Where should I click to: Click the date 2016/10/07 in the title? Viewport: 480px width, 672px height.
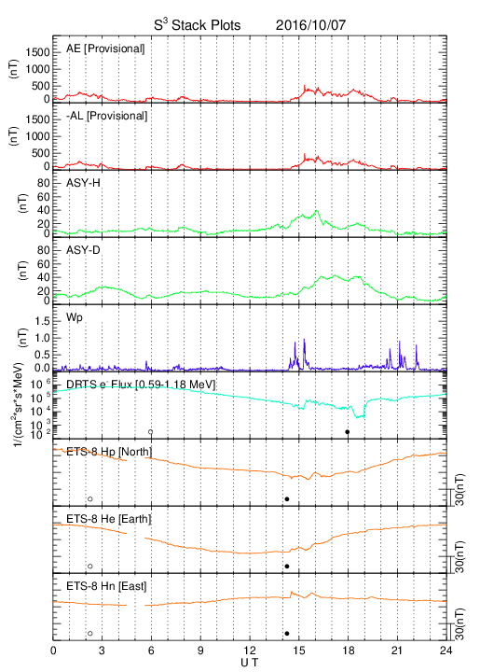[x=310, y=25]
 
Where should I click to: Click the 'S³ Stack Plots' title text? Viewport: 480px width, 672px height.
[x=198, y=24]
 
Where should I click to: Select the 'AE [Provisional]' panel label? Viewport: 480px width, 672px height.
[x=105, y=49]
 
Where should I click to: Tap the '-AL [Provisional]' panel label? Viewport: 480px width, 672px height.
[x=107, y=116]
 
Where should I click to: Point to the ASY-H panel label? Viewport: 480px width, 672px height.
[x=83, y=183]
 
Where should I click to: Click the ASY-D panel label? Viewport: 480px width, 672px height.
[x=83, y=250]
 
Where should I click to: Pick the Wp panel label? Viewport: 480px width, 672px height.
[x=75, y=318]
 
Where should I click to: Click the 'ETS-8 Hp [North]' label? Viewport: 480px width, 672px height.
[x=109, y=452]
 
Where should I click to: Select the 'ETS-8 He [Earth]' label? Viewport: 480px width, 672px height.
[x=109, y=519]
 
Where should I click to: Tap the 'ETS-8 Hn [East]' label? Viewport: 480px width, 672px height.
[x=106, y=586]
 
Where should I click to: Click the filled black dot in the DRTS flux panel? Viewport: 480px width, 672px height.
[x=348, y=432]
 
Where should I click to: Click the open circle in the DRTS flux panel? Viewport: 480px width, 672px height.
[x=151, y=432]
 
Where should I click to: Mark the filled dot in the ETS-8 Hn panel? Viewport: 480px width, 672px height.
[x=287, y=634]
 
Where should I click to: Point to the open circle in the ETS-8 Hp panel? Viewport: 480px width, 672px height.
[x=90, y=498]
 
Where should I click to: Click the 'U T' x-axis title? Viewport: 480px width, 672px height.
[x=250, y=663]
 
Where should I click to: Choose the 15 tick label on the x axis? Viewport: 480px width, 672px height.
[x=299, y=651]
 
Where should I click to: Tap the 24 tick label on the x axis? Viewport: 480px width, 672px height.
[x=446, y=651]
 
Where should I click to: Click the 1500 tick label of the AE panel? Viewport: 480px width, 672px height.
[x=38, y=52]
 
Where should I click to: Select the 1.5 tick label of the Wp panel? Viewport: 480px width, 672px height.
[x=42, y=322]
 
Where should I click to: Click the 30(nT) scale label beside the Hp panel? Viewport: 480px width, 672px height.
[x=459, y=490]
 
